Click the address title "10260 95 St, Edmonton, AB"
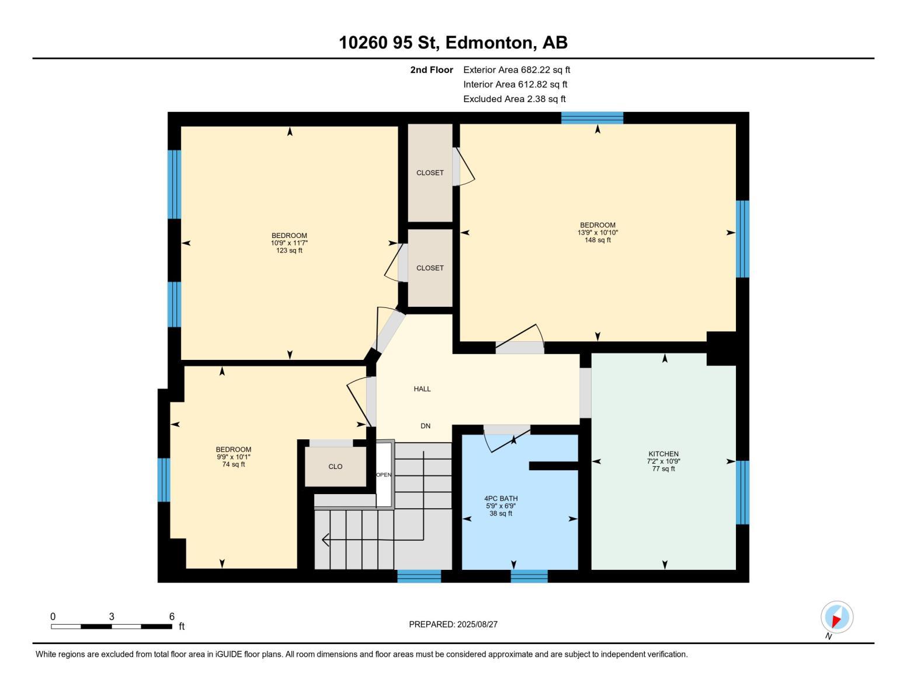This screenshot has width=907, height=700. pos(453,43)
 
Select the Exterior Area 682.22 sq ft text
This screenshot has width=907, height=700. pos(516,69)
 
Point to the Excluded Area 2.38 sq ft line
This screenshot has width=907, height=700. pos(514,99)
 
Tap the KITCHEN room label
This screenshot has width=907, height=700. pos(663,454)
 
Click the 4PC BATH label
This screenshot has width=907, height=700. pos(501,499)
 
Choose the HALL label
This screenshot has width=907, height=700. pos(422,389)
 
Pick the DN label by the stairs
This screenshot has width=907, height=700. pos(425,426)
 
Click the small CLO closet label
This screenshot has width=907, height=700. pos(335,467)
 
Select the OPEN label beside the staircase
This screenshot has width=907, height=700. pos(384,475)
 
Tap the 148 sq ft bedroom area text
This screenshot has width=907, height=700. pos(597,240)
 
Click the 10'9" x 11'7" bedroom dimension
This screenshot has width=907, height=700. pos(289,243)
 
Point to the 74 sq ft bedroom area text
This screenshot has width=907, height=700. pos(234,464)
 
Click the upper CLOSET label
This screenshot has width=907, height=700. pos(430,173)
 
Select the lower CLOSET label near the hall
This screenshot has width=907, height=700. pos(430,268)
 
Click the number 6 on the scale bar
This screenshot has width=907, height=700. pos(172,617)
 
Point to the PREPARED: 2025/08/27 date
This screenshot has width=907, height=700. pos(453,624)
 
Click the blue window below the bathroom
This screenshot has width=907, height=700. pos(529,576)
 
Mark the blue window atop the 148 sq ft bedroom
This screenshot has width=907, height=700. pos(592,118)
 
